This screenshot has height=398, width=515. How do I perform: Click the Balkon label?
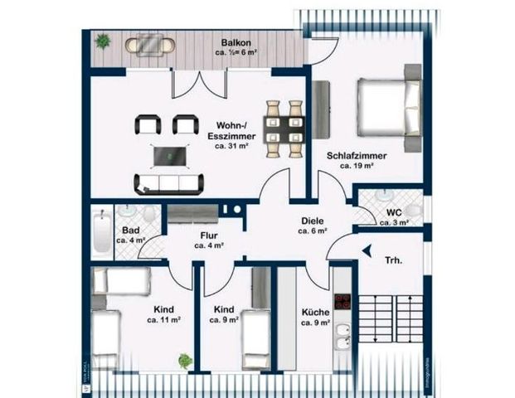click(236, 42)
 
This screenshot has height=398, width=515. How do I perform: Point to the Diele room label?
click(312, 221)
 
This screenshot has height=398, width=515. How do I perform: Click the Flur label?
click(209, 235)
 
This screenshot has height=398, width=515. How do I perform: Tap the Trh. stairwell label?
click(393, 260)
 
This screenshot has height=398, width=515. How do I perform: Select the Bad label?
click(130, 231)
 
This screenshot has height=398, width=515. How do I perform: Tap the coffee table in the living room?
click(169, 155)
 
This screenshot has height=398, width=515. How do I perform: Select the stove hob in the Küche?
click(342, 303)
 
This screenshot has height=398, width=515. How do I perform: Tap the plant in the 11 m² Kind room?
click(185, 361)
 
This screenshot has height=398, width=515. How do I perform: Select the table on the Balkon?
click(150, 44)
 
